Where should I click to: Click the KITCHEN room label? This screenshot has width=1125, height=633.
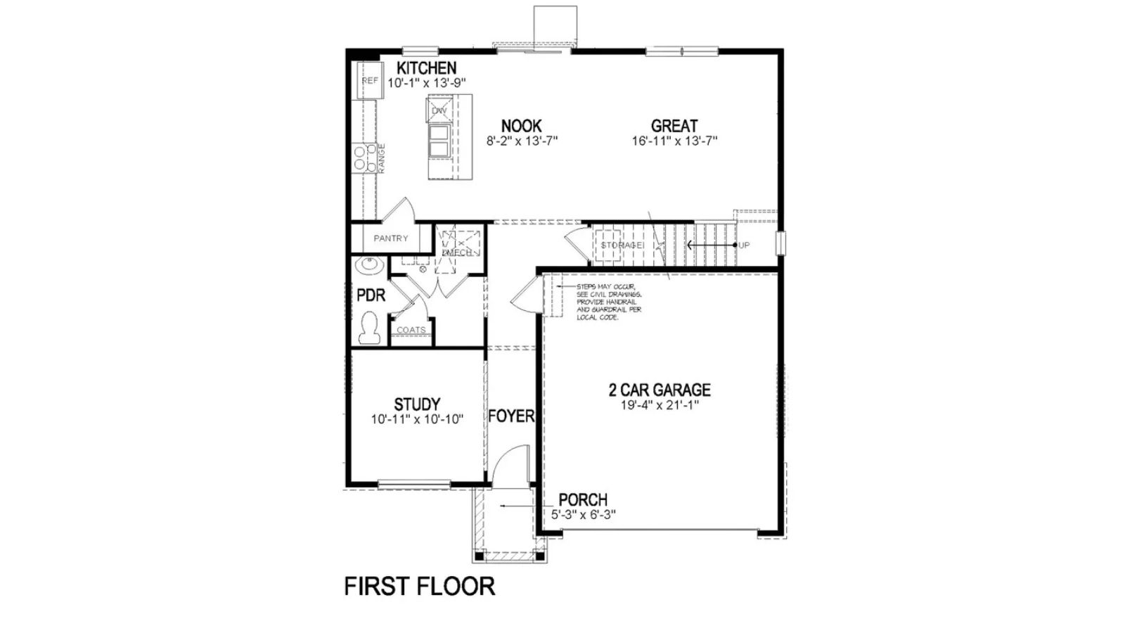(426, 68)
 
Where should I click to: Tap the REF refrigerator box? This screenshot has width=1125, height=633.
(370, 81)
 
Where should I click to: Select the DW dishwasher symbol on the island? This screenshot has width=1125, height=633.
(439, 110)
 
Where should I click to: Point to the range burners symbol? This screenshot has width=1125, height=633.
(364, 158)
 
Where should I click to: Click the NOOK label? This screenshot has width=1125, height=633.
(521, 126)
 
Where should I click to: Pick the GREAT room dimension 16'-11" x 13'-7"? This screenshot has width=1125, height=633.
(674, 141)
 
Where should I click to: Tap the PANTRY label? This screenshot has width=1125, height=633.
(391, 238)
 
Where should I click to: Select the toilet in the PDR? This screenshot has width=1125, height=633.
(368, 328)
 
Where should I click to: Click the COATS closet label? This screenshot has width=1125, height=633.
(411, 330)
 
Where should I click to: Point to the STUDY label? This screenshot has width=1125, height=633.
(417, 404)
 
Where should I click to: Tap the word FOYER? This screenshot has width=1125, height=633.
(511, 416)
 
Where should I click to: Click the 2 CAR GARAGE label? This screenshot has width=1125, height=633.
(660, 390)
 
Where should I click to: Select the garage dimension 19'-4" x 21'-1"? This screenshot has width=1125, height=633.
(660, 405)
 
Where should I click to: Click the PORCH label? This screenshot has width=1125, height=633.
(583, 500)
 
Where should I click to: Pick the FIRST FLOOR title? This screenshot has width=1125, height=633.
(419, 586)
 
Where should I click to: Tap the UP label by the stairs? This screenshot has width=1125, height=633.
(744, 245)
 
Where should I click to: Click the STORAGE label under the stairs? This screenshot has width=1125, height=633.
(622, 245)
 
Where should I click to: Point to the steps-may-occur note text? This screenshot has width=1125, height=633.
(609, 302)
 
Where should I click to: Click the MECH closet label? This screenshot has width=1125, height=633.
(457, 252)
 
